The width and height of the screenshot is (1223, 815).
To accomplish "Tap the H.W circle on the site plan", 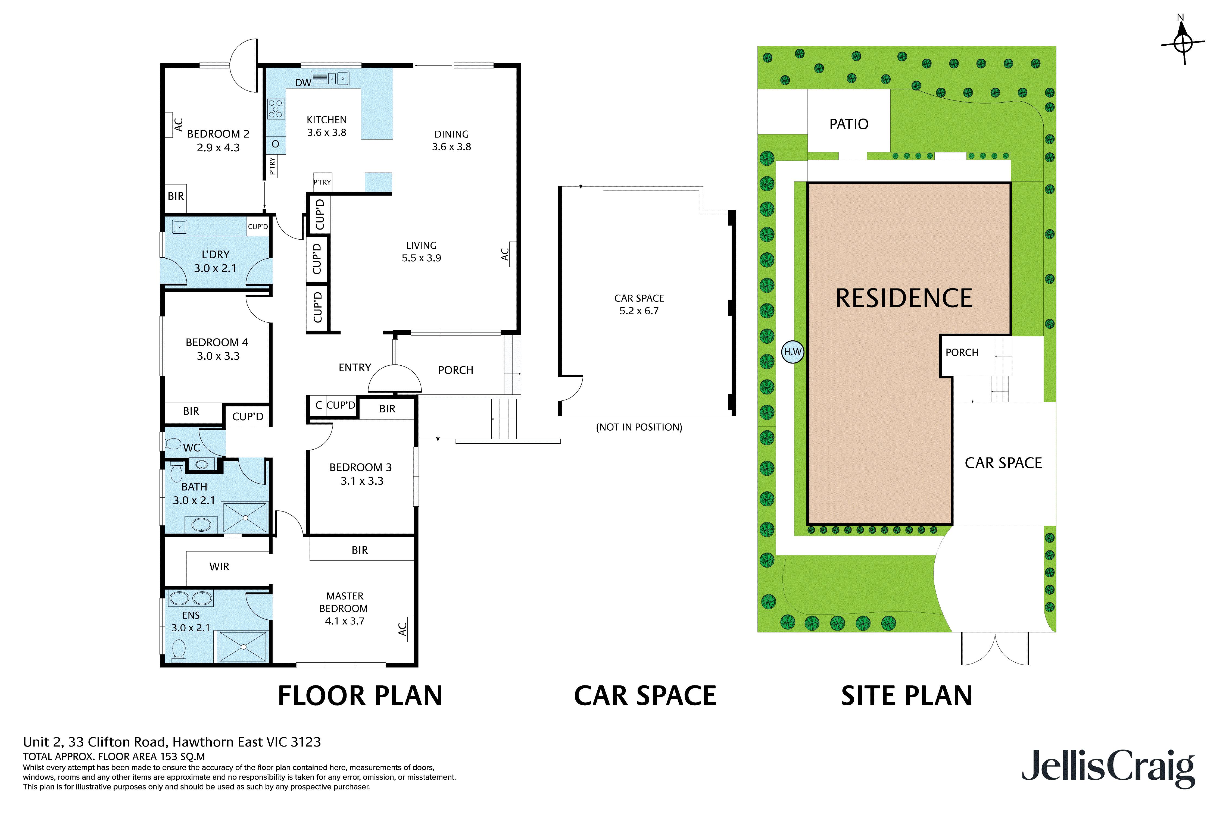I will [793, 352].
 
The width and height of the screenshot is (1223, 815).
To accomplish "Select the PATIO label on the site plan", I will [848, 124].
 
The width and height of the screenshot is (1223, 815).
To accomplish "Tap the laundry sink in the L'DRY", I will [179, 227].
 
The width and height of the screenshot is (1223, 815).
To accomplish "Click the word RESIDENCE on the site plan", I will [904, 298].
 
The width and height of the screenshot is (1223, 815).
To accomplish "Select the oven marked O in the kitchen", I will [276, 144].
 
